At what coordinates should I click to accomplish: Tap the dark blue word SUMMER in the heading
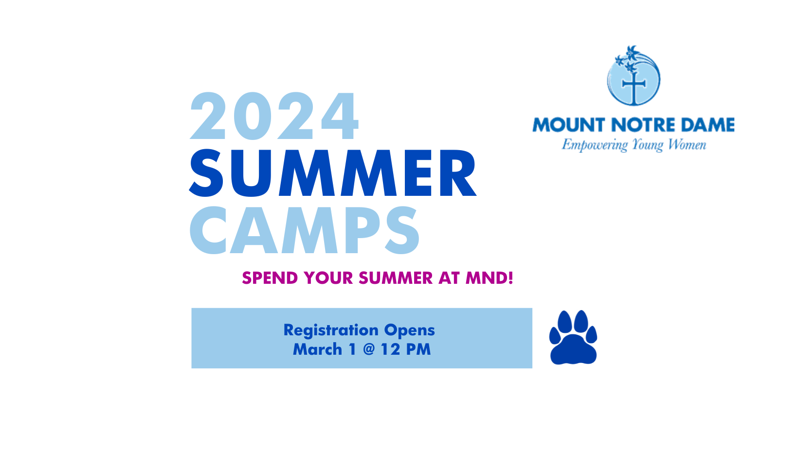pos(333,173)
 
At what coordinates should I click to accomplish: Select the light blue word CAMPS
pos(305,230)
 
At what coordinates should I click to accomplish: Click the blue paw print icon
pos(573,338)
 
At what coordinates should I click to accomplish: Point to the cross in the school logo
pos(634,86)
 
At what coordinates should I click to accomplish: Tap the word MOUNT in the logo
pos(568,125)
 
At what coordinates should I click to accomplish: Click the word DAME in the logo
pos(708,125)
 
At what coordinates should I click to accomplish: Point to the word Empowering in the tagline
pos(595,145)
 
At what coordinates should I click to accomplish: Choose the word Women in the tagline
pos(687,144)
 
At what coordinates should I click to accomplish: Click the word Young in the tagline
pos(648,145)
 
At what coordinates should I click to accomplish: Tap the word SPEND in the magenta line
pos(270,278)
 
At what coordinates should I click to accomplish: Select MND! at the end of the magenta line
pos(490,278)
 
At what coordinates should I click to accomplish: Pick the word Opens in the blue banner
pos(409,330)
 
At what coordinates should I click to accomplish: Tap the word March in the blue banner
pos(317,349)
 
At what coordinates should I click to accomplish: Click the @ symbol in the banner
pos(369,349)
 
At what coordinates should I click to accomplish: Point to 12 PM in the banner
pos(406,349)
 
